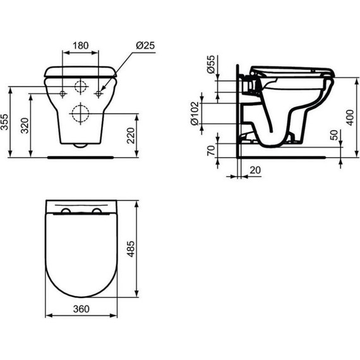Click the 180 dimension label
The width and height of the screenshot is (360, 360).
click(x=80, y=47)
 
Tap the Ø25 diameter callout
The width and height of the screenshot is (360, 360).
click(x=145, y=47)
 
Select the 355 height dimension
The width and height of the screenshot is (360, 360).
click(x=6, y=122)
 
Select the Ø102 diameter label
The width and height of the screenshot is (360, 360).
click(x=195, y=113)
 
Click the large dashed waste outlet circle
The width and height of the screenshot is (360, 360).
click(x=80, y=114)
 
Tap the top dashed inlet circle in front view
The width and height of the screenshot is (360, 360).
click(x=80, y=88)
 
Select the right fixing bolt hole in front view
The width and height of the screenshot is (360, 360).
click(x=99, y=93)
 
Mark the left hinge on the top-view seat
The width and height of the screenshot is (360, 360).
click(x=66, y=210)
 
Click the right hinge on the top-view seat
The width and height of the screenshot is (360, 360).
click(x=95, y=210)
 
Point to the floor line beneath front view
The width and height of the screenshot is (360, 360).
click(x=80, y=153)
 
